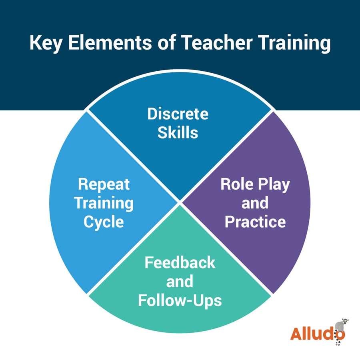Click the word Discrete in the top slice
[178, 114]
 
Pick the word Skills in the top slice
[178, 133]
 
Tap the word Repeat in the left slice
[104, 184]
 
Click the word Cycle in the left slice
[104, 221]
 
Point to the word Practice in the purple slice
[255, 221]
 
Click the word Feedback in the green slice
[180, 263]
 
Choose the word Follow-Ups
[180, 300]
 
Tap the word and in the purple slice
[255, 203]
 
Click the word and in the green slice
[180, 282]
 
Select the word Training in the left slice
[104, 203]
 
